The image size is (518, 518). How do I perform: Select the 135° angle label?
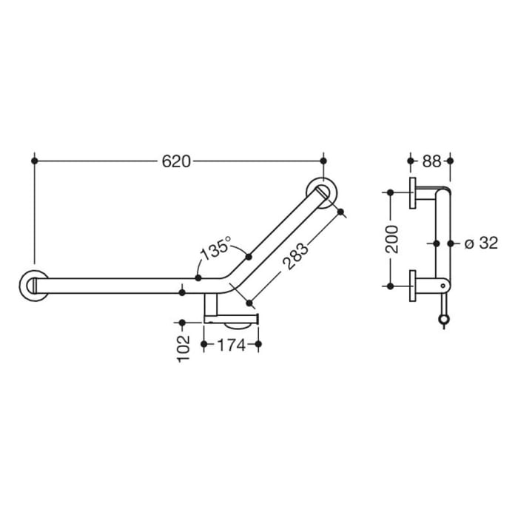[215, 249]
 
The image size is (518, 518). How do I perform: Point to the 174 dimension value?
[231, 345]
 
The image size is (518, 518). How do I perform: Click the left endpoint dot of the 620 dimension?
[34, 160]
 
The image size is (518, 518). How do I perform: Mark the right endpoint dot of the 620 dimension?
[323, 160]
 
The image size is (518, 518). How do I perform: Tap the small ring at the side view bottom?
[444, 320]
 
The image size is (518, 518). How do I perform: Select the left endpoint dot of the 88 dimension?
[411, 160]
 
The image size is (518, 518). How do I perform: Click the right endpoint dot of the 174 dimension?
[258, 344]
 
